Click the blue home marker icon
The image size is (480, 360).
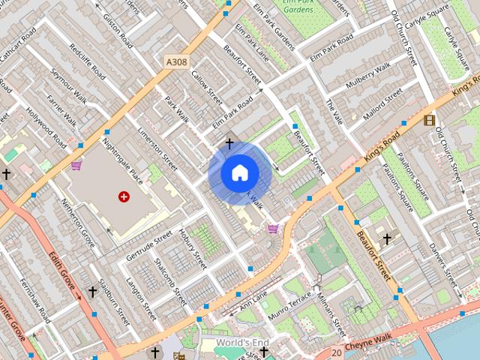[240, 173]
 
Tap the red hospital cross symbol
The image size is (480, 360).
[124, 196]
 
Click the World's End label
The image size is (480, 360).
[241, 343]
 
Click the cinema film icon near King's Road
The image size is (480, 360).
[429, 120]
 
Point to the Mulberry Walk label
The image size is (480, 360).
[368, 78]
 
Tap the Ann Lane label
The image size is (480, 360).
[253, 301]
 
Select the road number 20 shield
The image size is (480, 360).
[337, 352]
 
